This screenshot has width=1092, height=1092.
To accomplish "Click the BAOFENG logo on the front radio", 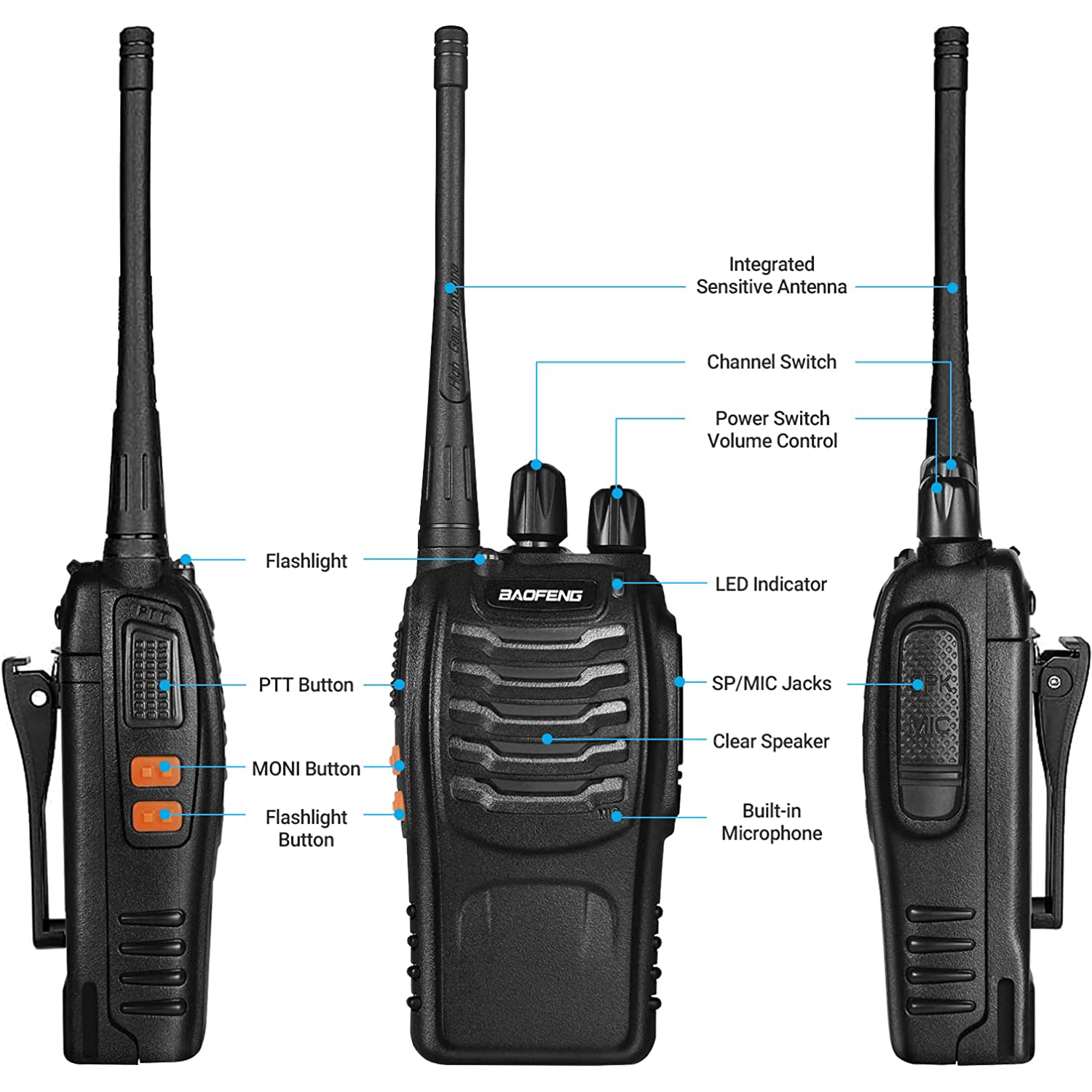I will coord(540,595).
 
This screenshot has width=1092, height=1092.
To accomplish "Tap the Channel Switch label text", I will coord(771,362).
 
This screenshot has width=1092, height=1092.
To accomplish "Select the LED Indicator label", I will coord(770,584).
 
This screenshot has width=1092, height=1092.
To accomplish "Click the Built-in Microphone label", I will coord(771,822).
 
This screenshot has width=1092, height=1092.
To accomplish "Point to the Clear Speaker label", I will coord(770,741).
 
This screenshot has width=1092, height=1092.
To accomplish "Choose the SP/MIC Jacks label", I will coord(771,684).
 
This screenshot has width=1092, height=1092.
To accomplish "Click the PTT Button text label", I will coord(306,685).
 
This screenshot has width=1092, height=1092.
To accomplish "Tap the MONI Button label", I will coord(306,769).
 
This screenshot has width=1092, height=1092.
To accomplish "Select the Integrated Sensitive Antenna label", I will coord(771,275).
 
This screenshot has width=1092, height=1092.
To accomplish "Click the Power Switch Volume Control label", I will coord(772,430).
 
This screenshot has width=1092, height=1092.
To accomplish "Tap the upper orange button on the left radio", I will coord(155,771).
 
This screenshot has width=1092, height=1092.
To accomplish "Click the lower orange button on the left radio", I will coord(156,817).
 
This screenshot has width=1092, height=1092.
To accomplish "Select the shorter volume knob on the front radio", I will coord(617,518).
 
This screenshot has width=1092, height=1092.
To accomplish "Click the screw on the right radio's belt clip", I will coord(1056,681).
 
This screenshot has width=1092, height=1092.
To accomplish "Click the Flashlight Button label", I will coord(306,828).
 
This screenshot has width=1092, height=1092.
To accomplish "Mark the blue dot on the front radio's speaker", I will coord(547,739).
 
